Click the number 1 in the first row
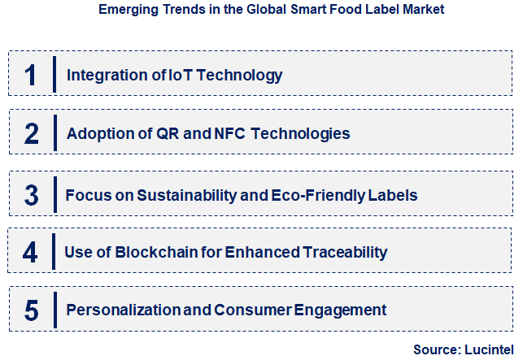click(31, 76)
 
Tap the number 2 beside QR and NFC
click(31, 133)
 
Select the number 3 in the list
click(31, 195)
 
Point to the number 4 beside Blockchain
click(30, 252)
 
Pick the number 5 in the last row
click(31, 310)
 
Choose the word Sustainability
click(189, 195)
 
